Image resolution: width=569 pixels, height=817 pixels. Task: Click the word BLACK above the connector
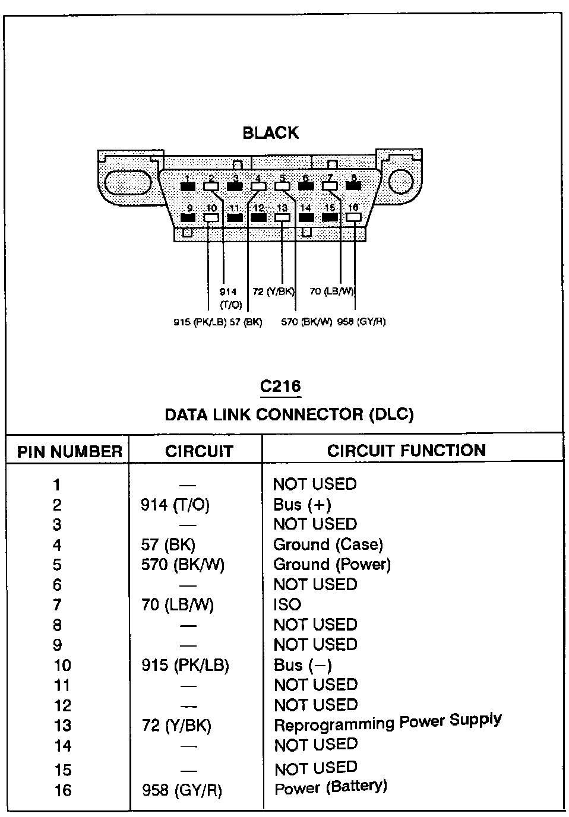coord(270,133)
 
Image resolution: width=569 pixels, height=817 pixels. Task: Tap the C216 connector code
coord(280,386)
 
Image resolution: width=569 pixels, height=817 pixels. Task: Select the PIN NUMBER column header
coord(69,452)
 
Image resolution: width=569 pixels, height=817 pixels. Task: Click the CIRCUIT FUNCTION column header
coord(406,451)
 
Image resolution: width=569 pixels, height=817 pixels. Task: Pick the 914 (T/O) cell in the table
coord(175,505)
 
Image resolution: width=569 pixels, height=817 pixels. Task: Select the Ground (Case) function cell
coord(328,544)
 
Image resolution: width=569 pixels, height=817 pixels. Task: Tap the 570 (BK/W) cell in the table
coord(182,565)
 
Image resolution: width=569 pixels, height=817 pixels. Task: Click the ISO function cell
coord(287,604)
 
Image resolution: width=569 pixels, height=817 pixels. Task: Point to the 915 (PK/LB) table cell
coord(185,665)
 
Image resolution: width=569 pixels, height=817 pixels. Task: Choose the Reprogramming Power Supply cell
coord(387,723)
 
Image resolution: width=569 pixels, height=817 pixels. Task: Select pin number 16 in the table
coord(62,790)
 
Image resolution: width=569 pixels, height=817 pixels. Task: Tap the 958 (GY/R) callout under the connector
coord(361,322)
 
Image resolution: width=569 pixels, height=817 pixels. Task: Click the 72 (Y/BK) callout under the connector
coord(273,292)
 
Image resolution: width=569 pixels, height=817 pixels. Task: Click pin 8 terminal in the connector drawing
coord(353,186)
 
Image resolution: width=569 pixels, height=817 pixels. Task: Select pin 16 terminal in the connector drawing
coord(353,217)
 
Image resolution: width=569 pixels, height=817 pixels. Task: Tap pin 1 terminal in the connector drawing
coord(188,186)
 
